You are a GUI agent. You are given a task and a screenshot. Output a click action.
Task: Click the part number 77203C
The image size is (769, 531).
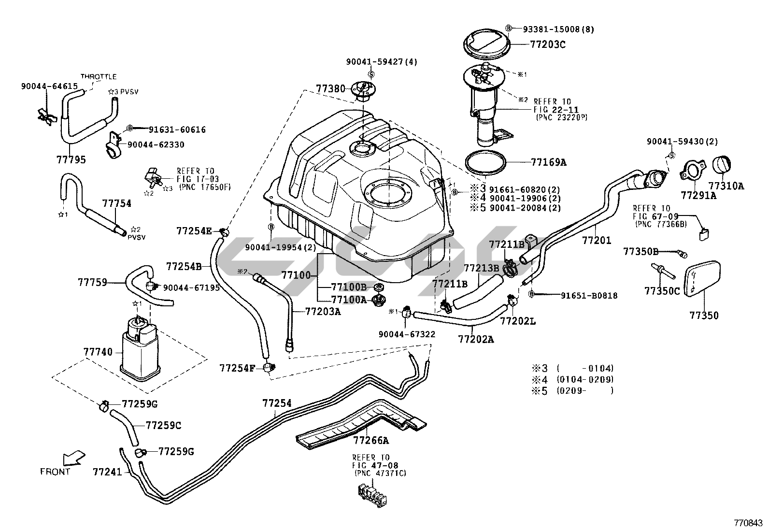(548, 44)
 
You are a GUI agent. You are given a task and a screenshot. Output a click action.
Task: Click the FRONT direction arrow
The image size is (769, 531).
(73, 457)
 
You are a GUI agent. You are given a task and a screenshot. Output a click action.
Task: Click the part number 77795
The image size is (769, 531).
(71, 160)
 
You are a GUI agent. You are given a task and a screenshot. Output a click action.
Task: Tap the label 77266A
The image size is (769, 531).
(370, 440)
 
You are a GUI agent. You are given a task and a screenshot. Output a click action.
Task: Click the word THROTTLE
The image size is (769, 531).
(99, 76)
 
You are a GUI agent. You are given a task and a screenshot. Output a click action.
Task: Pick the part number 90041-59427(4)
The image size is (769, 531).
(381, 62)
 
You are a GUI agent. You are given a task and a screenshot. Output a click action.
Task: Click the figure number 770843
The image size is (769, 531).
(748, 523)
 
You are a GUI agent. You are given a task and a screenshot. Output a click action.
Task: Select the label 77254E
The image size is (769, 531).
(194, 230)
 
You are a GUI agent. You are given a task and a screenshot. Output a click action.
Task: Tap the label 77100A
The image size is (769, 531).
(348, 300)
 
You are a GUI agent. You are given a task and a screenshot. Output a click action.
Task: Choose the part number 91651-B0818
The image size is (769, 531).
(589, 295)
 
